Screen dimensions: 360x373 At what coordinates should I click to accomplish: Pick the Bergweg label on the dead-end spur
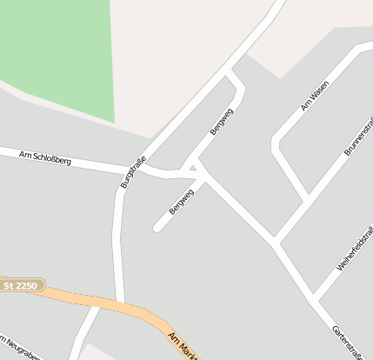pyautogui.click(x=182, y=202)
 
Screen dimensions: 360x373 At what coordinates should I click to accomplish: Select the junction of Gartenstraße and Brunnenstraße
pyautogui.click(x=276, y=242)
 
